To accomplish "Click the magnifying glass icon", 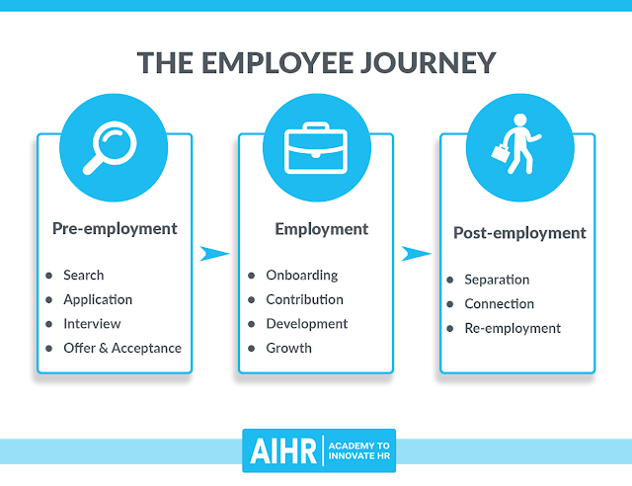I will coord(115,146).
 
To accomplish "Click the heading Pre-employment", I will coord(115,228).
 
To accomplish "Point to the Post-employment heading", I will coord(519,233).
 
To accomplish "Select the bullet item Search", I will coord(83,275).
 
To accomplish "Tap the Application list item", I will coord(98,299).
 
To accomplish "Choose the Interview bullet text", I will coord(92,324).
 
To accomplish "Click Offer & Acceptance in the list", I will coord(122,348).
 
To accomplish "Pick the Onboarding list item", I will coord(302,275).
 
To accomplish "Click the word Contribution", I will coord(305,299).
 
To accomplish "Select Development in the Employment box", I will coord(307,324).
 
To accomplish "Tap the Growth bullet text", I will coord(288,348).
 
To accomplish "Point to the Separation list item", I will coord(497,280).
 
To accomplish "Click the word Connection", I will coord(499,304).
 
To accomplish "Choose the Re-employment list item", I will coord(513,328).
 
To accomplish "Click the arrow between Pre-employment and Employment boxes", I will coord(214,254).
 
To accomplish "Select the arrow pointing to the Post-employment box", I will coord(416,254).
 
